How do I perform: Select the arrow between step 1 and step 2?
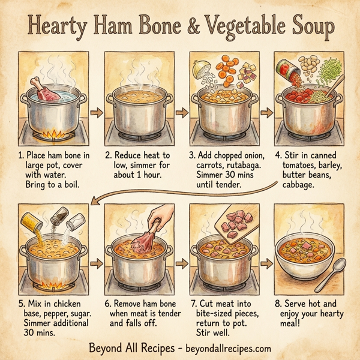pos(94,112)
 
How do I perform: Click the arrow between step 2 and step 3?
pos(179,112)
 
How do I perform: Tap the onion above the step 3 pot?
pos(202,70)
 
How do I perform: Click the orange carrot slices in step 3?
pos(228,67)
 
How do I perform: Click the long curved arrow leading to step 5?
pos(180,191)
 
